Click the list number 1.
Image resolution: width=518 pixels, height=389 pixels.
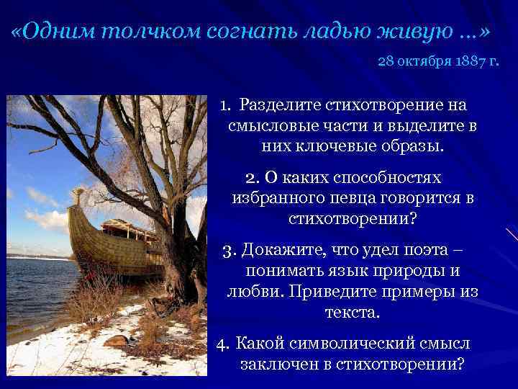(x=225, y=106)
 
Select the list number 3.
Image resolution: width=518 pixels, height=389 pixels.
(x=230, y=250)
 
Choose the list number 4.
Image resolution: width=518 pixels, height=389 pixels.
(x=222, y=342)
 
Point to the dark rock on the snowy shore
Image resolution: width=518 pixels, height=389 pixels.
(x=116, y=340)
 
